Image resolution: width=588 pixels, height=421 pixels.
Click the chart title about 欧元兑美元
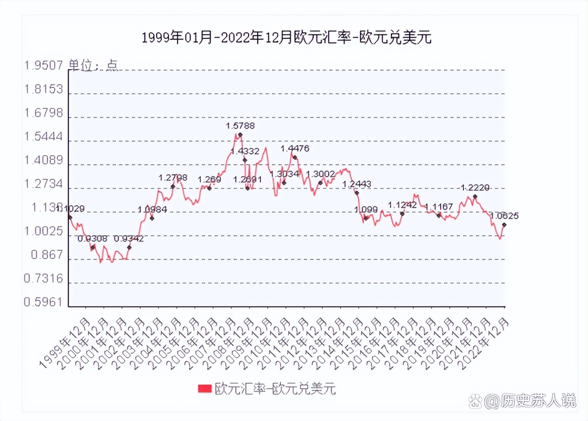pyautogui.click(x=287, y=38)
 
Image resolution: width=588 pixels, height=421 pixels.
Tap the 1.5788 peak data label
pyautogui.click(x=240, y=125)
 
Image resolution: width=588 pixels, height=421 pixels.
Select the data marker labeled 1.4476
pyautogui.click(x=295, y=158)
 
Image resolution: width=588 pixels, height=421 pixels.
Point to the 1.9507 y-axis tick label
pyautogui.click(x=43, y=65)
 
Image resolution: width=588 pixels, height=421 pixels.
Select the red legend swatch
pyautogui.click(x=204, y=389)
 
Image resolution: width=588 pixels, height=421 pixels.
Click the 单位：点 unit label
pyautogui.click(x=93, y=65)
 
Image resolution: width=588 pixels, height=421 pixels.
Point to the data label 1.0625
pyautogui.click(x=505, y=215)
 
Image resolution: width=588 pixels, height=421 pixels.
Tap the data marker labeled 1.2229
pyautogui.click(x=475, y=197)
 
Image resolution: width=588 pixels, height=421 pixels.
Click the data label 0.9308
pyautogui.click(x=92, y=239)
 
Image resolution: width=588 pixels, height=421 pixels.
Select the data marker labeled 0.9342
pyautogui.click(x=130, y=248)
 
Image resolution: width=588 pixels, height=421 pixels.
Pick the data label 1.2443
pyautogui.click(x=357, y=184)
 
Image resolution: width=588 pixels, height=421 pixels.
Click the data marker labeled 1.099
pyautogui.click(x=366, y=218)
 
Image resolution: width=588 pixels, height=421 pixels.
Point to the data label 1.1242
pyautogui.click(x=402, y=205)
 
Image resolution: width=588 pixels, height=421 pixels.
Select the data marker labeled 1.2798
pyautogui.click(x=173, y=186)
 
